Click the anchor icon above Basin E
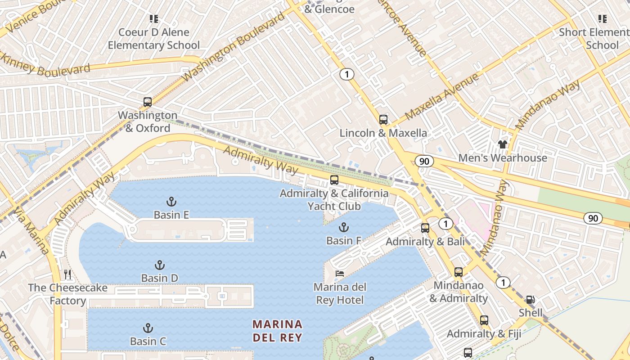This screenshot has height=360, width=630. tap(171, 201)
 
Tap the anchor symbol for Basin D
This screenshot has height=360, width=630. tap(159, 265)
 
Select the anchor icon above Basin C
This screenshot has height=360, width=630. tap(148, 328)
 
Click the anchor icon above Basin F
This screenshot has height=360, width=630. tap(344, 227)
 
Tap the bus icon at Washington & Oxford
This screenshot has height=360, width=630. tap(148, 102)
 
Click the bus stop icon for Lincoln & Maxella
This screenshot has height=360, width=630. tap(383, 120)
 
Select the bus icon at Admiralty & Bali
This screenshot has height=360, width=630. tap(425, 228)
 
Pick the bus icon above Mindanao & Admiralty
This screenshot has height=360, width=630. tap(459, 272)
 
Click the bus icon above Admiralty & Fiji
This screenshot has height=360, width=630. tap(484, 320)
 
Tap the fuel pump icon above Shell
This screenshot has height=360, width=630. tap(531, 300)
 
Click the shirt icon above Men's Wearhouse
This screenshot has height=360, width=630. tap(503, 144)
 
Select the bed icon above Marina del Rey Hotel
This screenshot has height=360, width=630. tap(340, 274)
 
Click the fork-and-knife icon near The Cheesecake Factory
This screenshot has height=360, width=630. tap(68, 274)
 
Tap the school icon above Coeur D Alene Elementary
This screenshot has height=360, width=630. tap(154, 19)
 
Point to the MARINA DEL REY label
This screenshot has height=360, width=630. tap(277, 331)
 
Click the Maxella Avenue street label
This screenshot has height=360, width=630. tap(442, 97)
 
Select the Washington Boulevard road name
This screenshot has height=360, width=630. tap(234, 46)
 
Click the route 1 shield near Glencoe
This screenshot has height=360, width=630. tap(346, 74)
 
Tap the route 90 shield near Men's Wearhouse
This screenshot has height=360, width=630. tap(424, 161)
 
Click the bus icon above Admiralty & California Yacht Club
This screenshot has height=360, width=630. tap(334, 180)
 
